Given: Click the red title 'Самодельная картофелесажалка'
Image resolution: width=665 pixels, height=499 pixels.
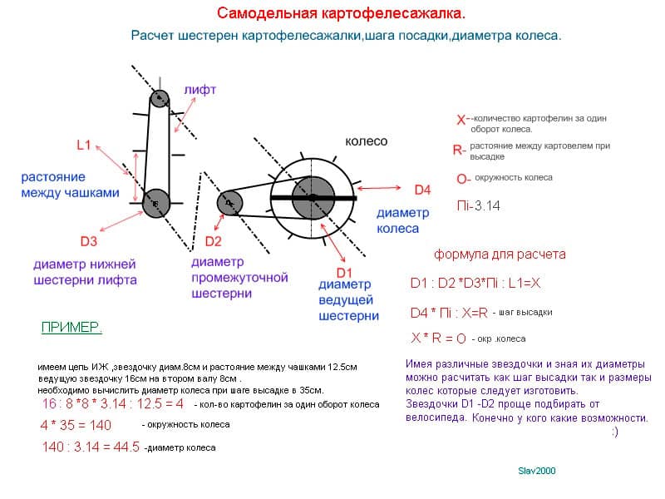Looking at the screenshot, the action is [x=341, y=13].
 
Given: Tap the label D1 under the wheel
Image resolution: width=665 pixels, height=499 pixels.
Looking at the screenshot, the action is [x=344, y=273].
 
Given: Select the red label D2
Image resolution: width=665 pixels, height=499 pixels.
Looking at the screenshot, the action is [x=213, y=241].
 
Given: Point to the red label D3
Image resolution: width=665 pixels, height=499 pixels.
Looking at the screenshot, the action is [x=89, y=241].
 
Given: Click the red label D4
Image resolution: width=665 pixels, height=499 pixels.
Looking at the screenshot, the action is [x=422, y=190].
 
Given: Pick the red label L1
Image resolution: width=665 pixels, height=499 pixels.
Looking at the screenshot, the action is [x=84, y=145].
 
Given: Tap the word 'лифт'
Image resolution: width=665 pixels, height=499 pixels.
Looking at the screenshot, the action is [x=199, y=90].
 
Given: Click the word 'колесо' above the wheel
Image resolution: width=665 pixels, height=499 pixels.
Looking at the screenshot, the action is [x=366, y=141].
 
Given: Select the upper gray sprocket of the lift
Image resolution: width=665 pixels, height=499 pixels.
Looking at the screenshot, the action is [x=159, y=99].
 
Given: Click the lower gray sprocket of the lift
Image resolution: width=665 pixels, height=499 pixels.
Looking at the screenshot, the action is [x=155, y=204].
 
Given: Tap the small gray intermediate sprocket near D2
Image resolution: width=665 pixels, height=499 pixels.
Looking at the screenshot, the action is [x=229, y=203].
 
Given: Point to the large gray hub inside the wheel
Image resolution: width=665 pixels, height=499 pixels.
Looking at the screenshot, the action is [x=313, y=198].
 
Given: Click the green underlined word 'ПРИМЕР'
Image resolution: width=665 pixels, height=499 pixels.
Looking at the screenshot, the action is [x=71, y=327].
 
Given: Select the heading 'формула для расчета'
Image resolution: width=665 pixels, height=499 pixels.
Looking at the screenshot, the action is [x=500, y=254].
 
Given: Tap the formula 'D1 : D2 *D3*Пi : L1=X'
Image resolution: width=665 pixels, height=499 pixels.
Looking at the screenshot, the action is [x=475, y=283].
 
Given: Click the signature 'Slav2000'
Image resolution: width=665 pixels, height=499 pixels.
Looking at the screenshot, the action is [x=536, y=471].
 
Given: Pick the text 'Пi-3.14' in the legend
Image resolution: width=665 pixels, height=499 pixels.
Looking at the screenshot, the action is [x=479, y=205].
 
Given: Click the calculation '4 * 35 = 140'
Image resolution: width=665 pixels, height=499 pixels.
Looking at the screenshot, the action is [x=76, y=425].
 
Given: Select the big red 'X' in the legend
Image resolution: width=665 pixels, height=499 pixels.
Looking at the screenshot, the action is [x=461, y=120].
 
